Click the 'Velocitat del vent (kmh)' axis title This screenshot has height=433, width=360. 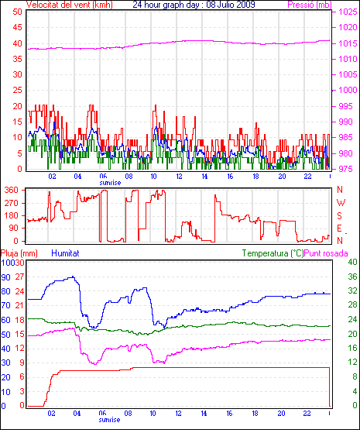click(70, 5)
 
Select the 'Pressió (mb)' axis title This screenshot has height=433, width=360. click(310, 5)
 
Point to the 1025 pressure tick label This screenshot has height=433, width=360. click(348, 12)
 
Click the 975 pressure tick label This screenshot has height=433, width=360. click(345, 169)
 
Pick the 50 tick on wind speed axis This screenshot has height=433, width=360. click(17, 12)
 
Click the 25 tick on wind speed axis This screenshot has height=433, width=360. click(17, 90)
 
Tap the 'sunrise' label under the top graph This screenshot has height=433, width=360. click(110, 183)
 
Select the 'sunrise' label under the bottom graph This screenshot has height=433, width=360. click(110, 420)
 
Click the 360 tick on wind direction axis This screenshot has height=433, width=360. click(12, 190)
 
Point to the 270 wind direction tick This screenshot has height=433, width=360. click(12, 203)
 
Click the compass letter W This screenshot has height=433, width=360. click(341, 203)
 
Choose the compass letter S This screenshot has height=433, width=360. click(340, 215)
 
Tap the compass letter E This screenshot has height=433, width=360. click(340, 229)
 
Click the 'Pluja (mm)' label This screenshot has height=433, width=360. click(19, 253)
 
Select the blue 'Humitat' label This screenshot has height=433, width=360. click(66, 253)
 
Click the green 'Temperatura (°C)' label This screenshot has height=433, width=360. click(273, 253)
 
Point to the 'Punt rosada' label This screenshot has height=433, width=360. click(326, 253)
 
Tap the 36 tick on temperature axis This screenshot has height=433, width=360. click(352, 277)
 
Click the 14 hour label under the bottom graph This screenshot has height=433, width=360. click(204, 414)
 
